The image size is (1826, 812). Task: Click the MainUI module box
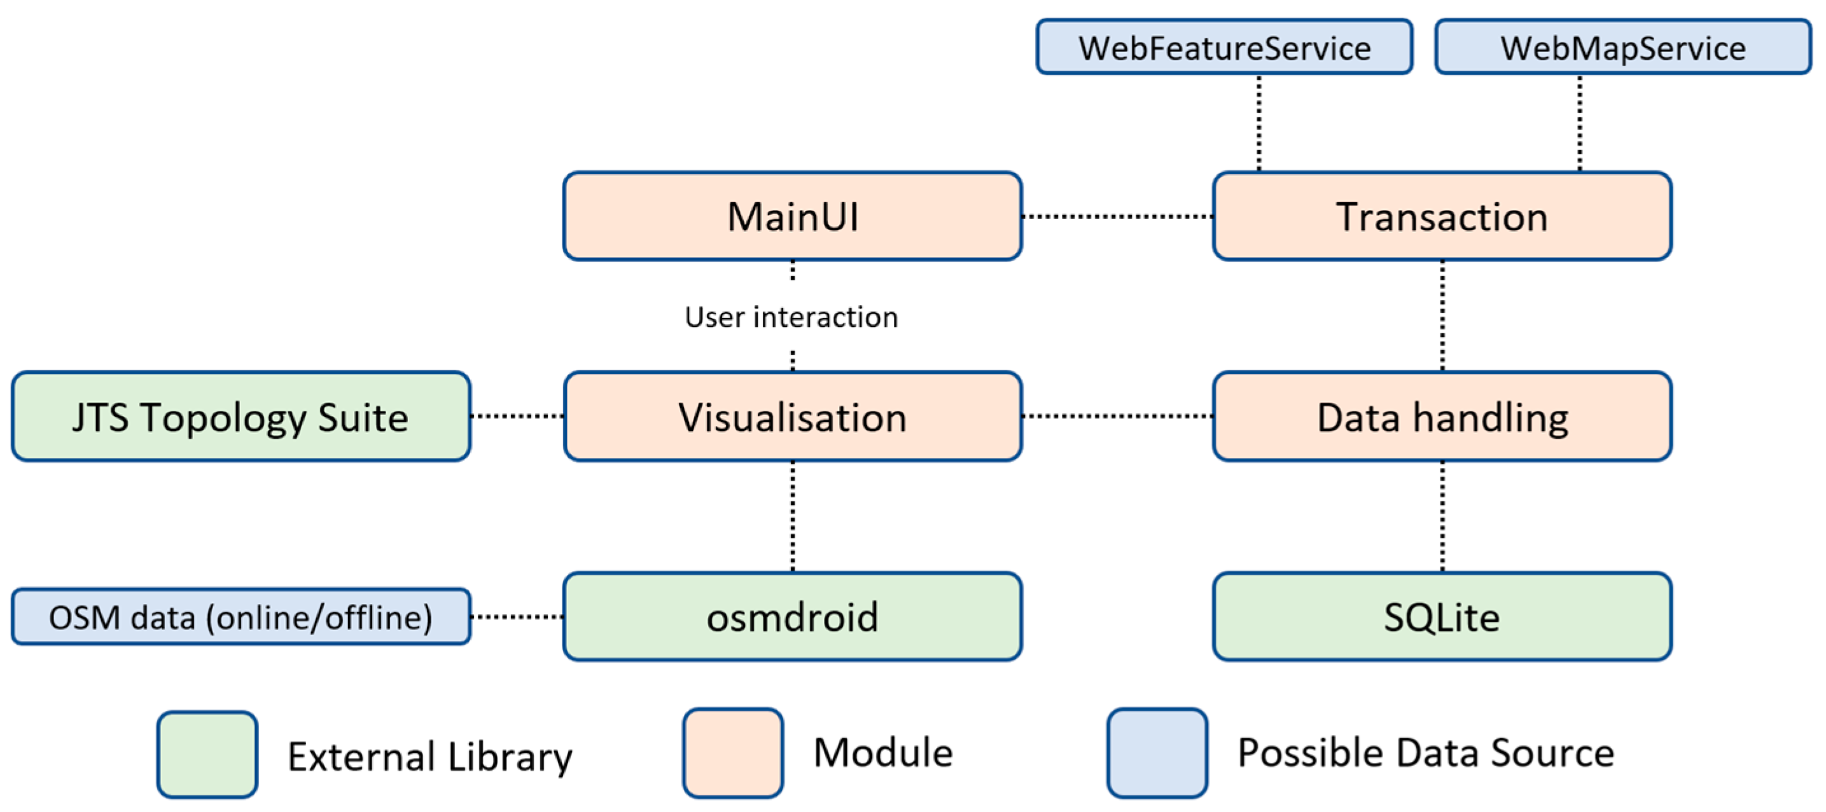point(791,216)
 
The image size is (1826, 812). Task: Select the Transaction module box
point(1442,216)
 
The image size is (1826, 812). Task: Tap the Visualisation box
point(791,416)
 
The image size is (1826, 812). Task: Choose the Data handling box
point(1442,416)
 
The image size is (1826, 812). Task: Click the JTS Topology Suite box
point(241,416)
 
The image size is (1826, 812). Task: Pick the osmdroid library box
point(791,616)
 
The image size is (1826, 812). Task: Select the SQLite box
point(1442,616)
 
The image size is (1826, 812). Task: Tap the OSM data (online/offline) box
point(241,616)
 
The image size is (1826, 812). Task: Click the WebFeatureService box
point(1224,47)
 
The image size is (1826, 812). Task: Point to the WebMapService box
point(1623,47)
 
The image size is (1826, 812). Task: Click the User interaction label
point(791,317)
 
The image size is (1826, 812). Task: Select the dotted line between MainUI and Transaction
point(1117,216)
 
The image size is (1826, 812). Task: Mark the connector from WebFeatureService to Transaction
point(1259,123)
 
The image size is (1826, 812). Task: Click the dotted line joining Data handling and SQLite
point(1442,516)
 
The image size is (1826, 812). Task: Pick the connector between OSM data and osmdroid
point(517,616)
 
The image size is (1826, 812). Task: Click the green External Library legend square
point(207,755)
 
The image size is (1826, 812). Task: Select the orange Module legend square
point(732,752)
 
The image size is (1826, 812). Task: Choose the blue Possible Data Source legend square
point(1157,752)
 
